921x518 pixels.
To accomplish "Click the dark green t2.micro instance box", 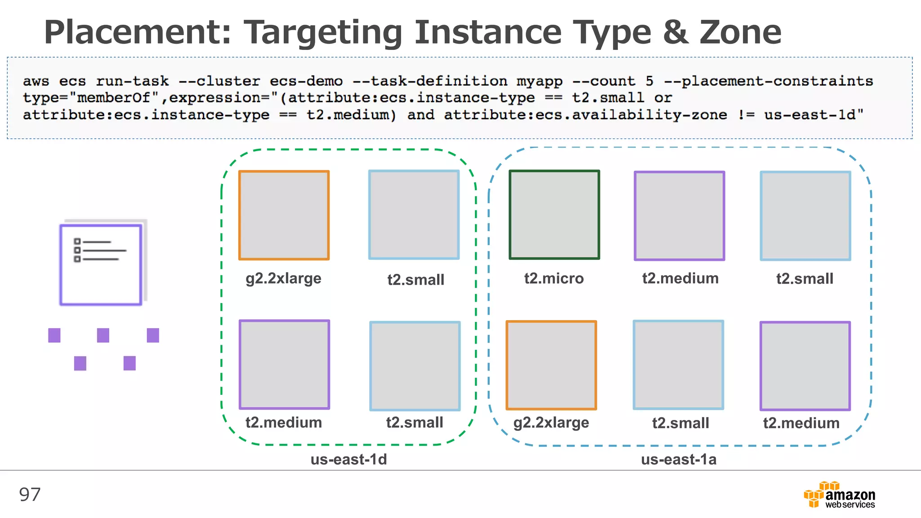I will coord(554,214).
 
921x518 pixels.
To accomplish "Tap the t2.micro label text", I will coord(554,278).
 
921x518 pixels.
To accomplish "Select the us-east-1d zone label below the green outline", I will coord(349,459).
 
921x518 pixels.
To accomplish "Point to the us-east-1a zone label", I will coord(679,459).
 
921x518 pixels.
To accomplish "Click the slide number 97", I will coord(30,495).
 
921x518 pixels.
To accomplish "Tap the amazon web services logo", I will coord(840,495).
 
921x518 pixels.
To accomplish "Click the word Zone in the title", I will coord(740,32).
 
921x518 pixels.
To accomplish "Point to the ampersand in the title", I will coord(675,32).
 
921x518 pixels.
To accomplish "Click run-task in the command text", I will coord(132,81).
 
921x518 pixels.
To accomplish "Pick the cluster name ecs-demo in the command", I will coord(306,81).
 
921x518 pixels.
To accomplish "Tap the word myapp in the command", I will coord(539,81).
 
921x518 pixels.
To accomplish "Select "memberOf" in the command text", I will coord(114,98).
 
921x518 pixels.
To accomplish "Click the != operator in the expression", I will coord(746,115).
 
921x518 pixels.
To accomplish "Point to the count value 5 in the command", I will coord(649,81).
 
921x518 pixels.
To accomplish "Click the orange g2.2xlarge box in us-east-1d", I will coord(284,215).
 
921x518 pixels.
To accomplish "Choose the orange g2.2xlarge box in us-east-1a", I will coord(551,365).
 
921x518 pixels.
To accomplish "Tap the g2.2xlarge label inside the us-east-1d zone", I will coord(283,279).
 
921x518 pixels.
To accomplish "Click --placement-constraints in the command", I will coord(769,81).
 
